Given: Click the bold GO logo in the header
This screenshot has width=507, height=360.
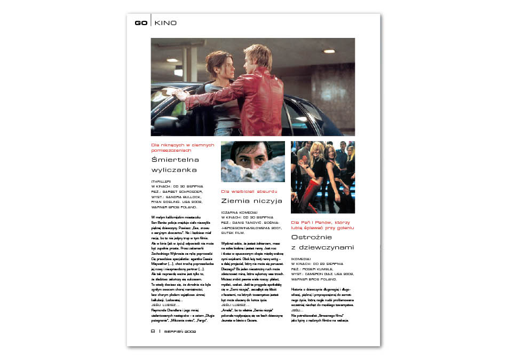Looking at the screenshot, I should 141,23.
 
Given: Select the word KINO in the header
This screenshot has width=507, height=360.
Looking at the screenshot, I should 165,23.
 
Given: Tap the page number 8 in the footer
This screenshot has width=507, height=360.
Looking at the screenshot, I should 153,331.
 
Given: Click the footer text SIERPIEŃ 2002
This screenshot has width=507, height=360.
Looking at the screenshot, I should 180,331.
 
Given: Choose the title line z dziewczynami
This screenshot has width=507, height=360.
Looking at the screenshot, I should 322,247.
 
